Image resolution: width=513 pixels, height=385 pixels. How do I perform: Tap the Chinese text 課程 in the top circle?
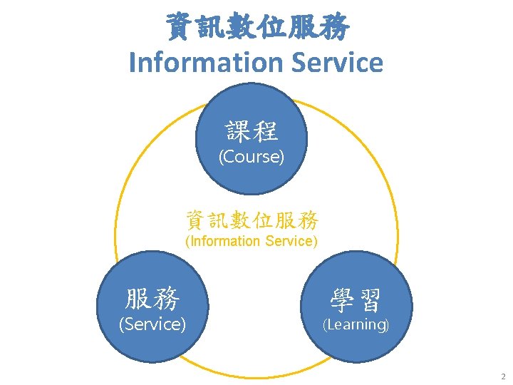(252, 130)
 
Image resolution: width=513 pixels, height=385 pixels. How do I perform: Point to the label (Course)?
(251, 157)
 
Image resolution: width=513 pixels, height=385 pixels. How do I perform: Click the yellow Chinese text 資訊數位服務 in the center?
(252, 219)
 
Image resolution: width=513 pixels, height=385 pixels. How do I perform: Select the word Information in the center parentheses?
(223, 241)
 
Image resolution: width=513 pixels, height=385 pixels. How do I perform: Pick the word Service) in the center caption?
(291, 241)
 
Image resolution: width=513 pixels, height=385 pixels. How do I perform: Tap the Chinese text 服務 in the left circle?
(152, 298)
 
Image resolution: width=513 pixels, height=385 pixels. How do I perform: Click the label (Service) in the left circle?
(152, 324)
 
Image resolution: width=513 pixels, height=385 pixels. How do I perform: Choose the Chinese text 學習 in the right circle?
(356, 299)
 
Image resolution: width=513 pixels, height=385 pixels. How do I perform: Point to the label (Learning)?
(356, 325)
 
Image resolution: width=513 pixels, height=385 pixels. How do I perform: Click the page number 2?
(503, 376)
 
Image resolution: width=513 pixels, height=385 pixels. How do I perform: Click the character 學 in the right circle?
(342, 299)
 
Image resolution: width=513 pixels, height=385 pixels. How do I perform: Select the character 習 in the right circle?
(370, 299)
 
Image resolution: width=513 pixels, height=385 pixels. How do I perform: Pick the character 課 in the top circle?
(239, 130)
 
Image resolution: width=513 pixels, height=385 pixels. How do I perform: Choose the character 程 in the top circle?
(266, 130)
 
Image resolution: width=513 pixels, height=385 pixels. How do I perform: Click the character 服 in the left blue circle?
(138, 298)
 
